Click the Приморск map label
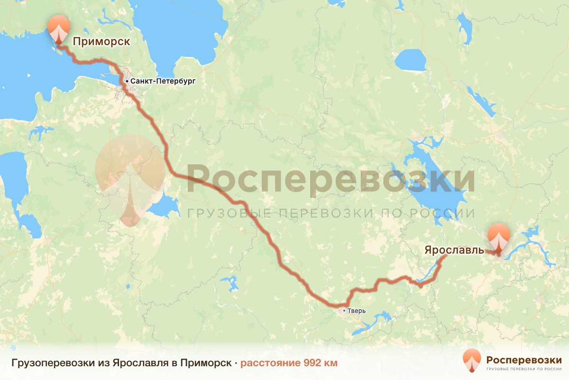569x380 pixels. point(101,41)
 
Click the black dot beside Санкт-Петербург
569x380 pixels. point(127,82)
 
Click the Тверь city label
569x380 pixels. point(357,311)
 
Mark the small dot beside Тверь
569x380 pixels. point(344,311)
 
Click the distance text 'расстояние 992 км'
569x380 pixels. point(289,363)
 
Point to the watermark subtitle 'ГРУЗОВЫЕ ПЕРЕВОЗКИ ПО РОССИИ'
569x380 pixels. point(330,213)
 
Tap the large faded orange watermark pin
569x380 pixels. point(129,176)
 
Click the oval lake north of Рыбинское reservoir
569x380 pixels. point(410,60)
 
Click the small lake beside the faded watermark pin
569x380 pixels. point(164,207)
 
